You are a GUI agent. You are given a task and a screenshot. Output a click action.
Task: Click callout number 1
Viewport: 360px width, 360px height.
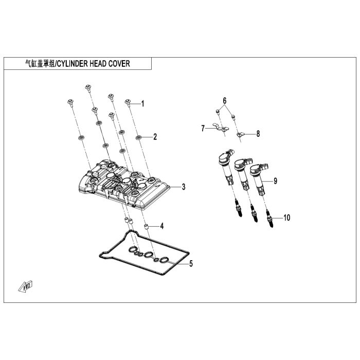[x=142, y=104]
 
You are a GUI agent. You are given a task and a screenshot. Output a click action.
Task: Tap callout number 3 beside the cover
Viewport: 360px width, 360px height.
[x=183, y=187]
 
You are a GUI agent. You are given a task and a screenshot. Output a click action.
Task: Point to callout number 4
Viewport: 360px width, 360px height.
[x=161, y=226]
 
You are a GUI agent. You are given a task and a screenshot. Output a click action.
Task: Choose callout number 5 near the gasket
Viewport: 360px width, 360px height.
[x=190, y=264]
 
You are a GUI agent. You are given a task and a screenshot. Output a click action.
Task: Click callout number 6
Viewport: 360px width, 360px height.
[x=224, y=99]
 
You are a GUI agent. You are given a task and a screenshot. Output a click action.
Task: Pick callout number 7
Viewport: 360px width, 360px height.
[x=203, y=128]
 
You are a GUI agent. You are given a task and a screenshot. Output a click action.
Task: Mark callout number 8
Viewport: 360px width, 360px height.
[x=258, y=134]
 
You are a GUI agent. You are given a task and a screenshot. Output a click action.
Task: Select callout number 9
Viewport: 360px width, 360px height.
[x=275, y=181]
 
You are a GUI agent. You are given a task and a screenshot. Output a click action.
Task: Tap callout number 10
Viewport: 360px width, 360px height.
[x=286, y=218]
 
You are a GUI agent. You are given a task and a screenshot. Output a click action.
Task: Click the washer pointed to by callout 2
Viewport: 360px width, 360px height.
[x=139, y=137]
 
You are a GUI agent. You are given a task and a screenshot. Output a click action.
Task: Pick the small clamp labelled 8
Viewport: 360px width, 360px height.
[x=240, y=135]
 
